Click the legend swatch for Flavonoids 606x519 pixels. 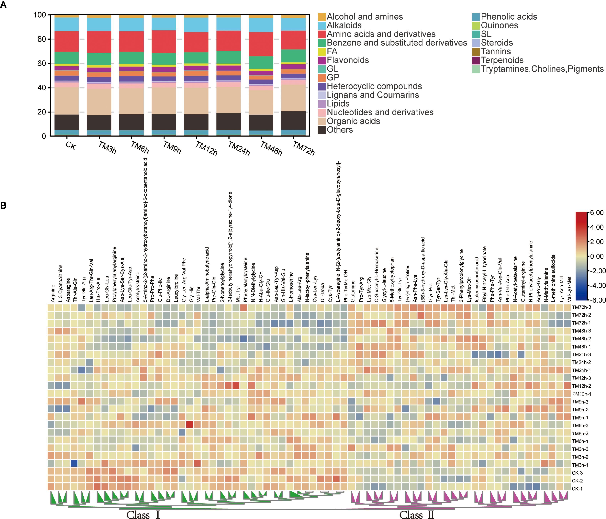coord(322,60)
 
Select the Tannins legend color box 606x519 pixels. coord(476,52)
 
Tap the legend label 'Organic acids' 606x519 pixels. coord(353,121)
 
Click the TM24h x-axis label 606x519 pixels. coord(239,148)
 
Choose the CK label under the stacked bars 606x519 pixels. coord(71,145)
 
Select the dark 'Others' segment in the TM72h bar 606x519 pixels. coord(293,120)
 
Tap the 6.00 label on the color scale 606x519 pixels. coord(597,213)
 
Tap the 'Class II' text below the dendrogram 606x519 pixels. coord(417,515)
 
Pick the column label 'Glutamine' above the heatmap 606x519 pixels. coord(352,291)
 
